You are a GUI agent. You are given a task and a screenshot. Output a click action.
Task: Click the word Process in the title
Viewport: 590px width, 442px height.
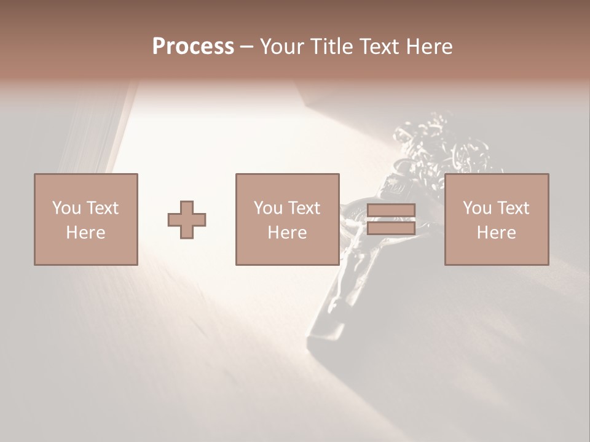(x=193, y=47)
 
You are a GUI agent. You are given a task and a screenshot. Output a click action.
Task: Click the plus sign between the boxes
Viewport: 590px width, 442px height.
(x=187, y=220)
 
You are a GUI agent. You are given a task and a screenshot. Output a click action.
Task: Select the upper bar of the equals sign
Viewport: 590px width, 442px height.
(x=391, y=211)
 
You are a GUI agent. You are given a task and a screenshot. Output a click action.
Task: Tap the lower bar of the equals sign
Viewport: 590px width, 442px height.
(x=391, y=228)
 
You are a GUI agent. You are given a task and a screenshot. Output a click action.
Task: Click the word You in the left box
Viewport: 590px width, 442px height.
(x=66, y=207)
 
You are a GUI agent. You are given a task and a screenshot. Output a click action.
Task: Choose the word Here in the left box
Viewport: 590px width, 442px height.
(x=85, y=233)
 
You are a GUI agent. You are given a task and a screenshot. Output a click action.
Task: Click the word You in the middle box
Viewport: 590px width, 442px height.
(x=268, y=207)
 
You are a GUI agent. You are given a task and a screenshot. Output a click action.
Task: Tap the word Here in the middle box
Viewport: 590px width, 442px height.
(x=287, y=233)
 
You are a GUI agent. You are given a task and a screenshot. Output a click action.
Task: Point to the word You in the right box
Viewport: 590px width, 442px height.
(x=477, y=207)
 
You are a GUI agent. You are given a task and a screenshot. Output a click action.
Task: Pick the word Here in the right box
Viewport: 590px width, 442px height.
(x=496, y=233)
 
